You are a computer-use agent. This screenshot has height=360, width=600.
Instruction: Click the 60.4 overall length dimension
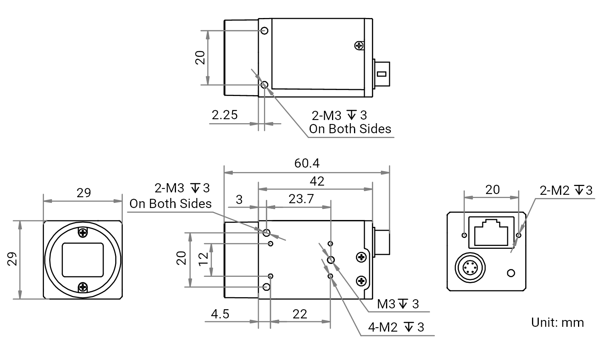tap(307, 163)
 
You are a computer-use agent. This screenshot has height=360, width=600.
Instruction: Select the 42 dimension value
tap(317, 181)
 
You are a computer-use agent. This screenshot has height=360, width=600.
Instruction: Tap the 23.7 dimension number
tap(301, 199)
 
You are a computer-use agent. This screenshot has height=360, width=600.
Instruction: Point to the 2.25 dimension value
tap(224, 115)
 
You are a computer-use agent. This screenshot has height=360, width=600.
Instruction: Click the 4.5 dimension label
tap(220, 314)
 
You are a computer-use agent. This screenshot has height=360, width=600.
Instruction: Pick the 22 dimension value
tap(300, 314)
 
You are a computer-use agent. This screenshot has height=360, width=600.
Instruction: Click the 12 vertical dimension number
tap(204, 259)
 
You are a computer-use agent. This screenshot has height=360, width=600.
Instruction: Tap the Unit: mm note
tap(558, 322)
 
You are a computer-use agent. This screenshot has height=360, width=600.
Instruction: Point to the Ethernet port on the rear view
tap(491, 232)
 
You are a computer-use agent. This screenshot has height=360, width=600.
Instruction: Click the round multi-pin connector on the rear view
tap(470, 268)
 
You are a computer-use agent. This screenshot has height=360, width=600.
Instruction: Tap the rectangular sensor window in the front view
tap(83, 260)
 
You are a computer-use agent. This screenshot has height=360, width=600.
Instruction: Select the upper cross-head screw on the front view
tap(83, 232)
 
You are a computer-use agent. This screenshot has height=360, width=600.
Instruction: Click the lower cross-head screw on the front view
tap(83, 287)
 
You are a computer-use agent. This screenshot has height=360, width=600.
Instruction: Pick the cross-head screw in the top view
tap(359, 46)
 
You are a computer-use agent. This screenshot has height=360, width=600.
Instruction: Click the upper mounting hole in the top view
tap(264, 31)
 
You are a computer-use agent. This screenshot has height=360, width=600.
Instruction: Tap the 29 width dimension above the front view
tap(84, 193)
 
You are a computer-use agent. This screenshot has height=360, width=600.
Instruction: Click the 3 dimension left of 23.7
tap(239, 200)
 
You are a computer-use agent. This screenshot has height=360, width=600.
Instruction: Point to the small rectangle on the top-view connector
tap(382, 74)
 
